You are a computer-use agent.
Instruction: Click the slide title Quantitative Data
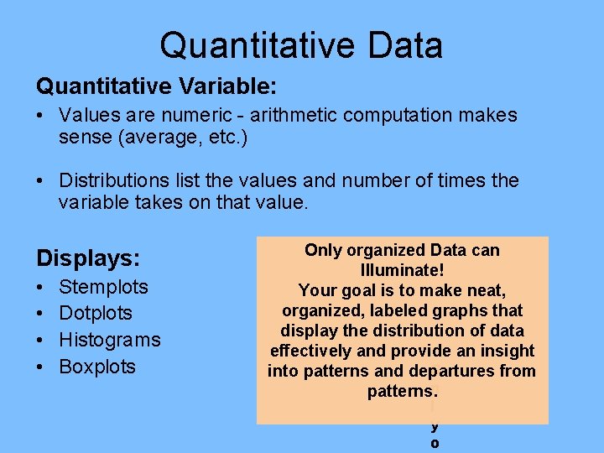click(301, 45)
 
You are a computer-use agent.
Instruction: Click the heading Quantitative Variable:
click(157, 86)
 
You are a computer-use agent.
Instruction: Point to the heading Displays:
click(88, 256)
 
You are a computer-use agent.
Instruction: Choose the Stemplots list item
click(103, 287)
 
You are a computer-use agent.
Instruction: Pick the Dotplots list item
click(96, 314)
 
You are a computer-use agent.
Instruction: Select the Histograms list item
click(109, 340)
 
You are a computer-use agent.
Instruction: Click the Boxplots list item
click(97, 367)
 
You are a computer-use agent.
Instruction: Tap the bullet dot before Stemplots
click(40, 287)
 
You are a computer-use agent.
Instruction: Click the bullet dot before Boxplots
click(40, 367)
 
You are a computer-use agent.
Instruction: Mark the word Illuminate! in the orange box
click(402, 270)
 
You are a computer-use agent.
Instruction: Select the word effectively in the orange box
click(312, 351)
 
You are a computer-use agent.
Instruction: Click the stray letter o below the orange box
click(435, 443)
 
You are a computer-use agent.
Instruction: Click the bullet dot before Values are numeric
click(40, 115)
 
